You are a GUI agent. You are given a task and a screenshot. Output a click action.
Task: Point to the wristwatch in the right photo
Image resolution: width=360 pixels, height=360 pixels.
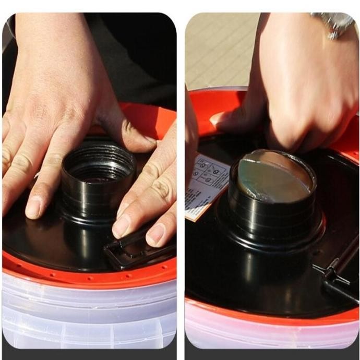coord(334,23)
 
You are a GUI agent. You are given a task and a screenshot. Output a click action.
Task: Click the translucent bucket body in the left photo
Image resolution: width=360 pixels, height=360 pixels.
coord(89,313)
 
